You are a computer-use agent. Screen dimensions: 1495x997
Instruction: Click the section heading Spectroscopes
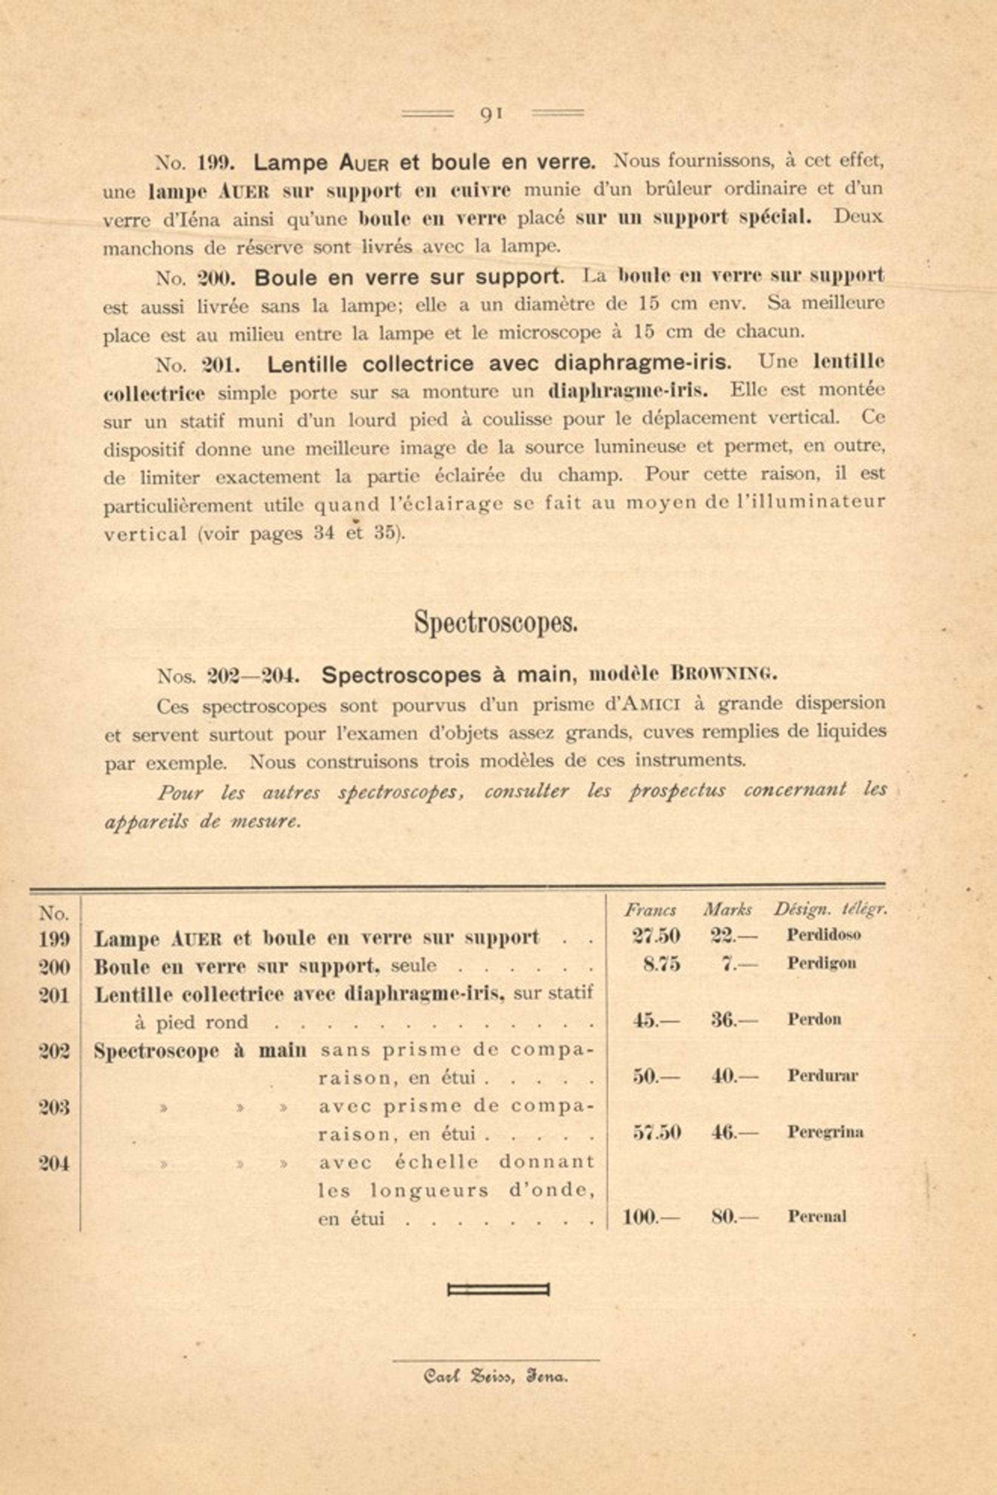point(496,622)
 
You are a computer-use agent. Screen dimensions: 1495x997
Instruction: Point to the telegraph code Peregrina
point(825,1132)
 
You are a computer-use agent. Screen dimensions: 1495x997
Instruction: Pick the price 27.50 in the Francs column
point(656,935)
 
